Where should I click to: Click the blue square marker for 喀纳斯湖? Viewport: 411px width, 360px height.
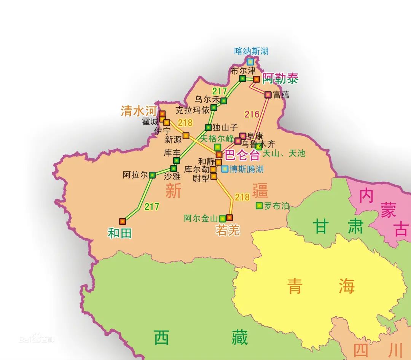tap(250, 61)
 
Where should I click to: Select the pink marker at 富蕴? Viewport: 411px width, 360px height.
tap(268, 94)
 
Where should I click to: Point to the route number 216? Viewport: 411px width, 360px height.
tap(252, 114)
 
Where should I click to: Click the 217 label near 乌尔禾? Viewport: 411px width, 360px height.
tap(220, 91)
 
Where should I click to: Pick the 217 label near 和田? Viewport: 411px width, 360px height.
tap(151, 207)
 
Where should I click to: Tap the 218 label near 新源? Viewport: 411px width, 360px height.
tap(185, 123)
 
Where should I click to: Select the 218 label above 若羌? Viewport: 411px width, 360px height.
tap(242, 197)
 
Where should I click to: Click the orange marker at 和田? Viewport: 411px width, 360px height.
tap(122, 221)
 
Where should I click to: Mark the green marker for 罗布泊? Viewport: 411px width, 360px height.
tap(259, 205)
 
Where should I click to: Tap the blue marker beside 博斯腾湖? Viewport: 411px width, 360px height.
tap(225, 169)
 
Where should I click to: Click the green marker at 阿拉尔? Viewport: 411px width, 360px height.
tap(152, 175)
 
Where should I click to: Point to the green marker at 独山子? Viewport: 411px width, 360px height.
tap(208, 127)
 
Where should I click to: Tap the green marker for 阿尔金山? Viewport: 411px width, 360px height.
tap(222, 218)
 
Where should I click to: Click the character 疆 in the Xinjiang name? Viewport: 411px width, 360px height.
tap(260, 191)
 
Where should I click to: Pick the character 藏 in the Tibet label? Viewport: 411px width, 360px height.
tap(239, 338)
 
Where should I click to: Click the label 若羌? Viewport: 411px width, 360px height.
tap(228, 230)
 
